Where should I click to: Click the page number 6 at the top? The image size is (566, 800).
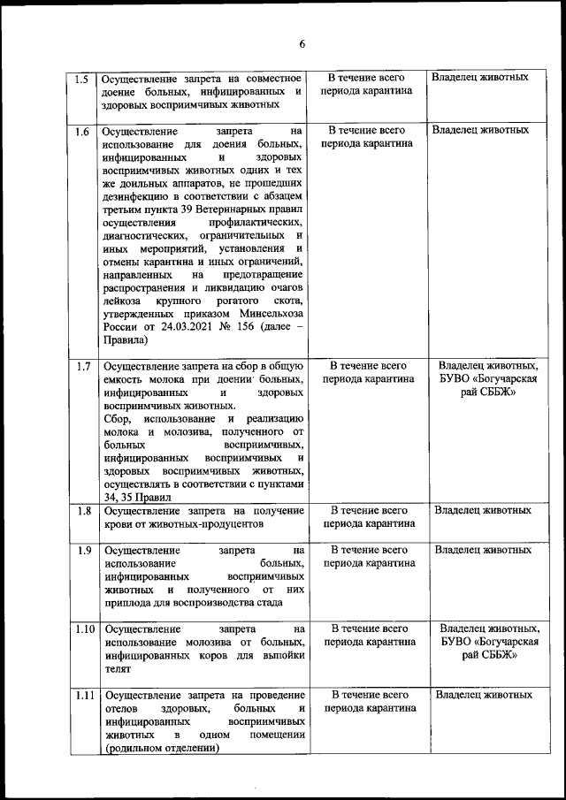pos(301,45)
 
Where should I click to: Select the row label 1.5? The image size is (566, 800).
pos(81,79)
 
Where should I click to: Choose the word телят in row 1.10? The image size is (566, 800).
pos(117,671)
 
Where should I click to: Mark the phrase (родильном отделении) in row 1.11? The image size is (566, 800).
pos(160,749)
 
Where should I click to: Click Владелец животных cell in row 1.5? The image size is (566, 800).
pos(480,78)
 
